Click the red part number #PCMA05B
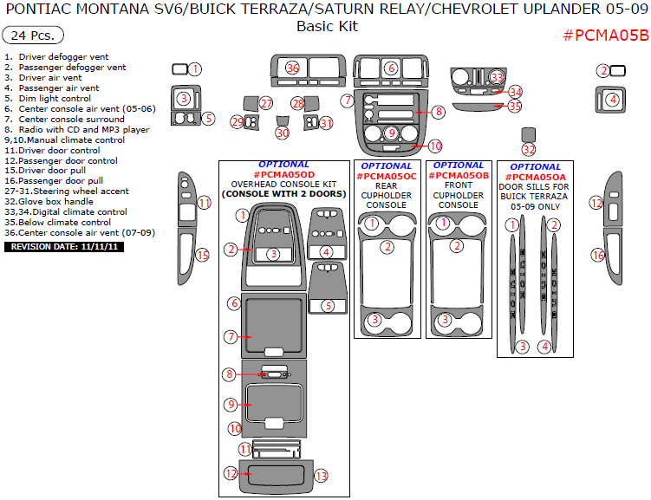[605, 36]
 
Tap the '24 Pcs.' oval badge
[33, 36]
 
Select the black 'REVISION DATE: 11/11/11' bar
[64, 247]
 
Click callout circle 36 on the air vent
[293, 68]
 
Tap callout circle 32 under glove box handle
[529, 149]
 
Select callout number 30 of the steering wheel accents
[283, 133]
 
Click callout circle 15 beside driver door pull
[203, 255]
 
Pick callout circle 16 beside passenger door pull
[598, 255]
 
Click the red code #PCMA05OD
[284, 175]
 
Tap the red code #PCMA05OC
[386, 177]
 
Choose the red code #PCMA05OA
[535, 177]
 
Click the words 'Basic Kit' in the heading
[327, 26]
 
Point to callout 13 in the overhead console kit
[321, 476]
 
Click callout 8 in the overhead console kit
[230, 374]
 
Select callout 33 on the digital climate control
[497, 77]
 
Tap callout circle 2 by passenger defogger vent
[603, 70]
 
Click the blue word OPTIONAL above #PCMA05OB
[459, 166]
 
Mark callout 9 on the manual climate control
[392, 133]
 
